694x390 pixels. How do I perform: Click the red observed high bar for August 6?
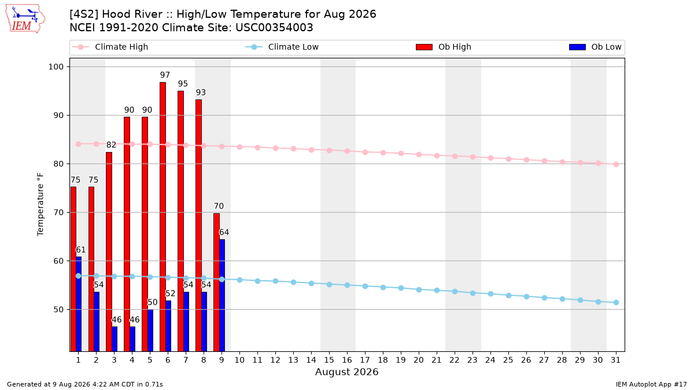point(163,217)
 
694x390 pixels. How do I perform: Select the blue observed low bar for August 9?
point(222,295)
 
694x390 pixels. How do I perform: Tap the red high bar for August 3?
point(109,252)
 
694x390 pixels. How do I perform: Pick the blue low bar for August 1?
point(79,304)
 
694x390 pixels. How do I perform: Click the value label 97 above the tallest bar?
point(165,75)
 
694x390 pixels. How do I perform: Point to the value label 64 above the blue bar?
point(224,232)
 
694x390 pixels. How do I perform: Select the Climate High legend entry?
point(110,47)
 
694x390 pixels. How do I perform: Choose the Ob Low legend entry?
point(595,47)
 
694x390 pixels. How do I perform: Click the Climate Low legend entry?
point(282,47)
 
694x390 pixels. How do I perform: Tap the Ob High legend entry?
point(444,47)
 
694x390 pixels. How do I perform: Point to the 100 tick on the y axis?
point(56,67)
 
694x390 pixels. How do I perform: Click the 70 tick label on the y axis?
point(58,213)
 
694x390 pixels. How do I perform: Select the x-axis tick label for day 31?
point(615,360)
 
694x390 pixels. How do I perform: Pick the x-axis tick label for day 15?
point(329,360)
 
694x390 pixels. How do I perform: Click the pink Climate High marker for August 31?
point(616,164)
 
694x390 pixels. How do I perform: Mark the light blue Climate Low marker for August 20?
point(419,289)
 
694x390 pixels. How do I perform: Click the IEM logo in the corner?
point(25,19)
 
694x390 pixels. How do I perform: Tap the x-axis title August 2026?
point(346,372)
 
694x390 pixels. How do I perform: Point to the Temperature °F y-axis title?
point(40,205)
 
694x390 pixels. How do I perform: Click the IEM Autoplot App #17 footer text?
point(651,384)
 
